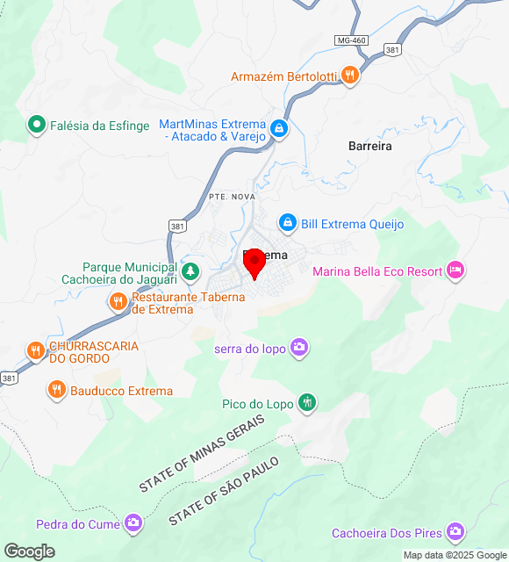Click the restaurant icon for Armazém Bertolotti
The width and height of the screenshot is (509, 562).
click(x=350, y=76)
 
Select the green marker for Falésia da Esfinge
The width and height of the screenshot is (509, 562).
click(x=36, y=126)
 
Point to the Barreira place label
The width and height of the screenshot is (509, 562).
click(x=369, y=147)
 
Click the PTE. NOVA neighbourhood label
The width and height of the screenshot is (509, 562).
click(x=233, y=197)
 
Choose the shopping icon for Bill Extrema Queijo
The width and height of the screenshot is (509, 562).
click(x=287, y=224)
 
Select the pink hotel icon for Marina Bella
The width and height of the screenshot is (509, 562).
click(x=455, y=270)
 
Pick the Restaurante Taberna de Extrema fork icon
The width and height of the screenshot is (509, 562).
click(x=118, y=303)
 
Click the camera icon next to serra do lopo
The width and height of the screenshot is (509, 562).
click(x=299, y=348)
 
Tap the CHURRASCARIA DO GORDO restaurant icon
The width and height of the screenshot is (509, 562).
click(x=35, y=351)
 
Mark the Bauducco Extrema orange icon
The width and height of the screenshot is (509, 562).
click(x=57, y=390)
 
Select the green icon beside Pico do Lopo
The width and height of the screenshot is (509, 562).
click(x=306, y=403)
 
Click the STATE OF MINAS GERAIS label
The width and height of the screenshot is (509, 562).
click(x=202, y=452)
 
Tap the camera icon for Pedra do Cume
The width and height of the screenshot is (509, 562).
click(x=133, y=524)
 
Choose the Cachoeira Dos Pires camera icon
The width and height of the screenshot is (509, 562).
click(x=455, y=532)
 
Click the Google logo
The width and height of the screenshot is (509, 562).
click(x=28, y=551)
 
